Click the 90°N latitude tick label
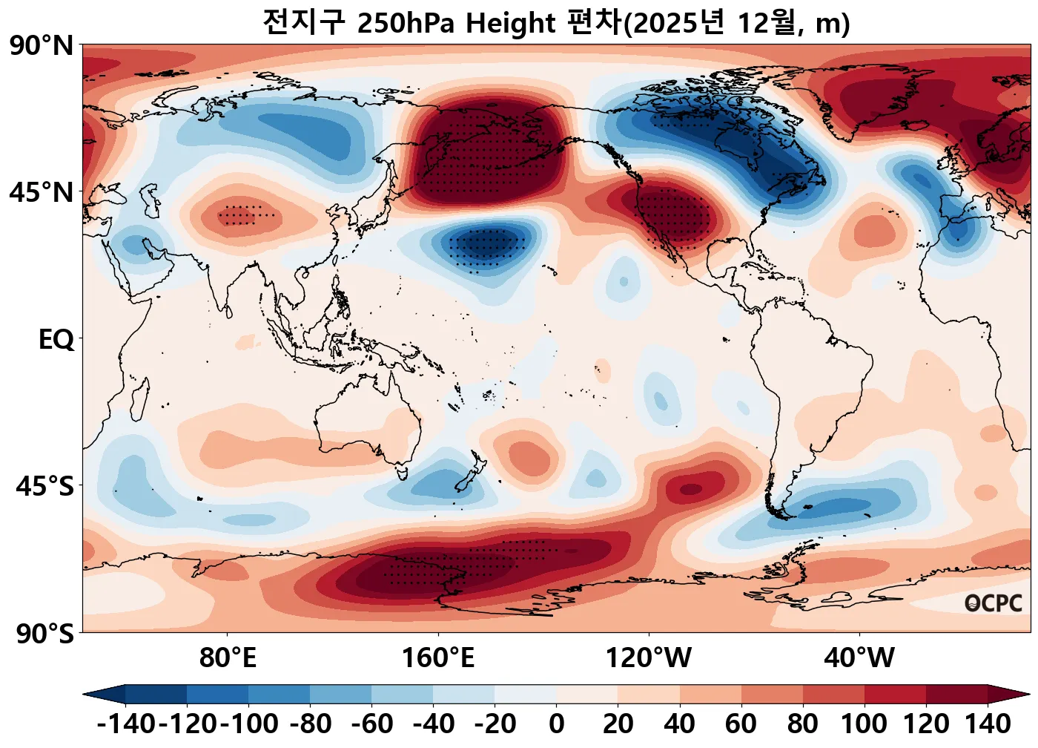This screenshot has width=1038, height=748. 42,46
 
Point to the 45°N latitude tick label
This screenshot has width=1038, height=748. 42,193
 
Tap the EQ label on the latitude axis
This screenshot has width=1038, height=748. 56,340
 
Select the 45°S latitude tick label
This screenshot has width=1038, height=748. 44,487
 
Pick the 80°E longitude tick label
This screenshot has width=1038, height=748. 228,657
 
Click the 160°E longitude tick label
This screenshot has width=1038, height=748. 438,657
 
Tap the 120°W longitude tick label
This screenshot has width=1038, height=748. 649,657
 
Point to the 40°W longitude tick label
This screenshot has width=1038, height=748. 859,657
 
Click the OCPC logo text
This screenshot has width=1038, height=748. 994,603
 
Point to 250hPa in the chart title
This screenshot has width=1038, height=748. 405,24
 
